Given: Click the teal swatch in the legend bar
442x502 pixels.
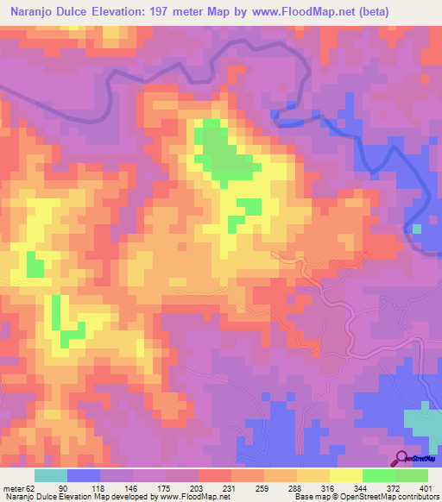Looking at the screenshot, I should (x=51, y=475).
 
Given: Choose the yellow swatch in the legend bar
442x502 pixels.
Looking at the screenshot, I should (x=346, y=475).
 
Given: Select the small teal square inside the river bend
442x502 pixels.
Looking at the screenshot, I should (x=417, y=229).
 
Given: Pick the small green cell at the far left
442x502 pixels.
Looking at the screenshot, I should (x=35, y=264).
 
